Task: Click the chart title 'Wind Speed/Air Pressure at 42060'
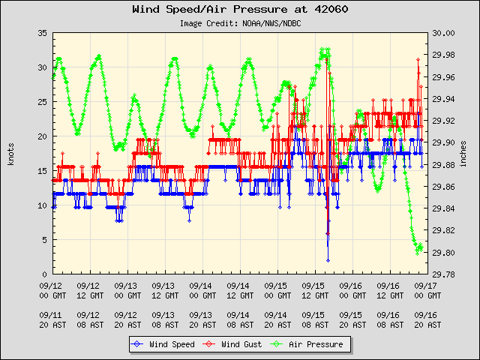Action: [x=240, y=10]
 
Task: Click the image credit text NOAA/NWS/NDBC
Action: [x=240, y=23]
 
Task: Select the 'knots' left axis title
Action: [x=10, y=154]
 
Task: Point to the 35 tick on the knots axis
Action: [x=42, y=34]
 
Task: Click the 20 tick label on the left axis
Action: [x=42, y=137]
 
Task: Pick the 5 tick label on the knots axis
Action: [x=44, y=240]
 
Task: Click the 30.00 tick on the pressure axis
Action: [x=444, y=34]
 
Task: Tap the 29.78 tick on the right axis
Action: [x=444, y=274]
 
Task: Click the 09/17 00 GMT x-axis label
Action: [x=426, y=290]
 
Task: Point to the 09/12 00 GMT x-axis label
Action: [x=52, y=290]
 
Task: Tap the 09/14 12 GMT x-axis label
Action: [x=239, y=290]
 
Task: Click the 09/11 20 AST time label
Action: [x=52, y=319]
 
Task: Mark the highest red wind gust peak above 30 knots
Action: [x=418, y=59]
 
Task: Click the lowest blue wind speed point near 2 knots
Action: [x=328, y=260]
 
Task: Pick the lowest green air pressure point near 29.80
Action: [x=417, y=253]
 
